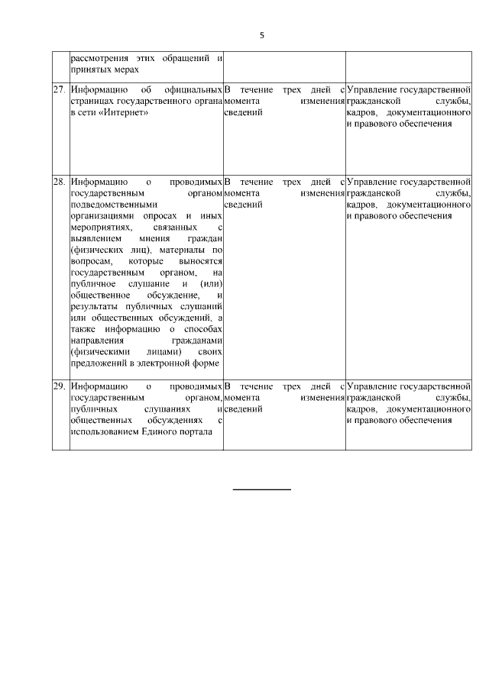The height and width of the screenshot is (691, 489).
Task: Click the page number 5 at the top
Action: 261,35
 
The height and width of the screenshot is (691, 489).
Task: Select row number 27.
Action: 60,89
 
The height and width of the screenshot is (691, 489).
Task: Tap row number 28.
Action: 60,182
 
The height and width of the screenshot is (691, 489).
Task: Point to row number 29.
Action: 60,386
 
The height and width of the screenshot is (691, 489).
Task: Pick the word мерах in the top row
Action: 123,69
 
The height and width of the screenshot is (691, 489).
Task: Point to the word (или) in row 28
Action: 210,283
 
